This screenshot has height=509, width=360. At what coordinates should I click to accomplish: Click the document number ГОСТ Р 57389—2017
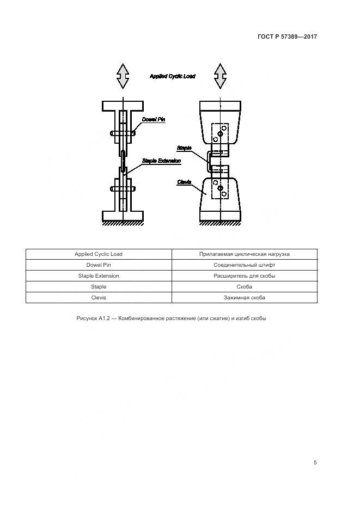(287, 36)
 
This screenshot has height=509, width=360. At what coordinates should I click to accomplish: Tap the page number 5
(315, 463)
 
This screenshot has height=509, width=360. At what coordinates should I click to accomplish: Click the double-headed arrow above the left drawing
(123, 76)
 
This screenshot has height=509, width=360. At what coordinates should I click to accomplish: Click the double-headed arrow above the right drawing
(220, 76)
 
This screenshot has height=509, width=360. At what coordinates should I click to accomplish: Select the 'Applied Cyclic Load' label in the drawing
(172, 77)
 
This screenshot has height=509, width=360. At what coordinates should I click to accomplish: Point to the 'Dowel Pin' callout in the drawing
(154, 119)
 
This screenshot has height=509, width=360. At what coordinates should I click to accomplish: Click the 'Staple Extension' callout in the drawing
(161, 161)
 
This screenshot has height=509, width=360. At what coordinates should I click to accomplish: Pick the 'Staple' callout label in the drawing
(184, 147)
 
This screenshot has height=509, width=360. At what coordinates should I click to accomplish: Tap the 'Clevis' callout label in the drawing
(184, 182)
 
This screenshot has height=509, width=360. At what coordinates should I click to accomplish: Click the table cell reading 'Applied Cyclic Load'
(99, 254)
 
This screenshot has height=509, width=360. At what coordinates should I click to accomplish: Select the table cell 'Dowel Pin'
(99, 265)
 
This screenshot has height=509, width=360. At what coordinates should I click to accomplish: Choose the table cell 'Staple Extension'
(99, 276)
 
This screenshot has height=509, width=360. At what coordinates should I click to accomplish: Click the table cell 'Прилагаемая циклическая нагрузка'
(245, 254)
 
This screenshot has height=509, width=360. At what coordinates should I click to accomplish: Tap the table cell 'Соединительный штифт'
(245, 265)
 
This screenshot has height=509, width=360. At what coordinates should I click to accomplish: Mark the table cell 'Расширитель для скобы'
(245, 276)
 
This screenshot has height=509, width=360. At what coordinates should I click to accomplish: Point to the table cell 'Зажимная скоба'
(245, 298)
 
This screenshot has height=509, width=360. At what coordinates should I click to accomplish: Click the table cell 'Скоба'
(245, 287)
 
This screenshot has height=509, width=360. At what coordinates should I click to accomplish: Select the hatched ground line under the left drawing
(123, 223)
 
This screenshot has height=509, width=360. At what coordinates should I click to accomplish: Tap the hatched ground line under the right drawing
(220, 223)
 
